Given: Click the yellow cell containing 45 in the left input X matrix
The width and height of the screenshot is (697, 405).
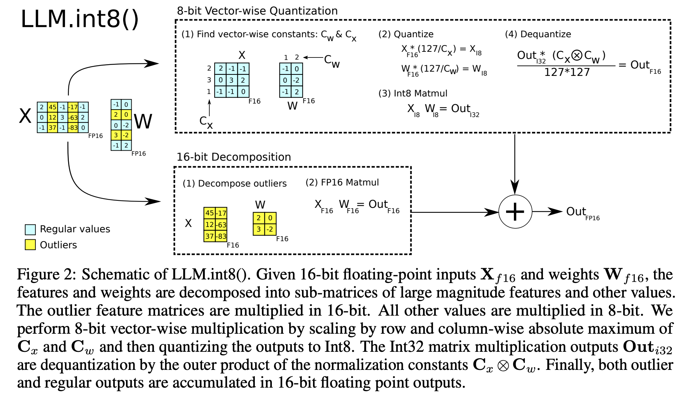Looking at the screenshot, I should click(x=53, y=107).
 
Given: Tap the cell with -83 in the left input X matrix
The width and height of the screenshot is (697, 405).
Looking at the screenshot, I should click(x=73, y=128).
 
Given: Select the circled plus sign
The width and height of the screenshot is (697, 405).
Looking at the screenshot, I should click(x=515, y=212).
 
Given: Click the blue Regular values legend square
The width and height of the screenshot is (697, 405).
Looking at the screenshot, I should click(x=30, y=229).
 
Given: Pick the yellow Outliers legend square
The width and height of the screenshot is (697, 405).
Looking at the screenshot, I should click(x=30, y=245).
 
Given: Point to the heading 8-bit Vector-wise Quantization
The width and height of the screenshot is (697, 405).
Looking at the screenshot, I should click(x=257, y=11).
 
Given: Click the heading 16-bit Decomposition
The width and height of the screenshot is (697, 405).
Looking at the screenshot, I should click(x=234, y=157).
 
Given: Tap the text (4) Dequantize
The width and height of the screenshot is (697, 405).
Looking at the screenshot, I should click(x=538, y=34).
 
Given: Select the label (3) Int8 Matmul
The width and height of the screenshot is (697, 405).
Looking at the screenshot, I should click(x=413, y=93).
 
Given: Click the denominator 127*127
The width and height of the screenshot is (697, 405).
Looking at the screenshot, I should click(x=567, y=72).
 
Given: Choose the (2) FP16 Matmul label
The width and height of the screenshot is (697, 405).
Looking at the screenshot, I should click(x=342, y=182).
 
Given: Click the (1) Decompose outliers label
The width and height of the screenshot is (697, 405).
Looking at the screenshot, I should click(x=235, y=183).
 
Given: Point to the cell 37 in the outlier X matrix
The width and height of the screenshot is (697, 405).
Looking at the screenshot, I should click(x=209, y=236).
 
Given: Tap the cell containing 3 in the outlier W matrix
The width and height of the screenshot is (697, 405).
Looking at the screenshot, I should click(x=259, y=229).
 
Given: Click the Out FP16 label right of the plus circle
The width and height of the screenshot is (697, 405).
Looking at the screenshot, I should click(x=582, y=213).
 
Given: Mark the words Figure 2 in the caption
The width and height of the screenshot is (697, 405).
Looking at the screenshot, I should click(x=46, y=274).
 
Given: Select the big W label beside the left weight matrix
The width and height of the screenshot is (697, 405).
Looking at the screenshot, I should click(x=143, y=121).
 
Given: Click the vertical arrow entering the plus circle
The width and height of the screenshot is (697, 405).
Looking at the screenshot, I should click(x=515, y=163).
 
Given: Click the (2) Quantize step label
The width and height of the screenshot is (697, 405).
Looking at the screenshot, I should click(x=406, y=34).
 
